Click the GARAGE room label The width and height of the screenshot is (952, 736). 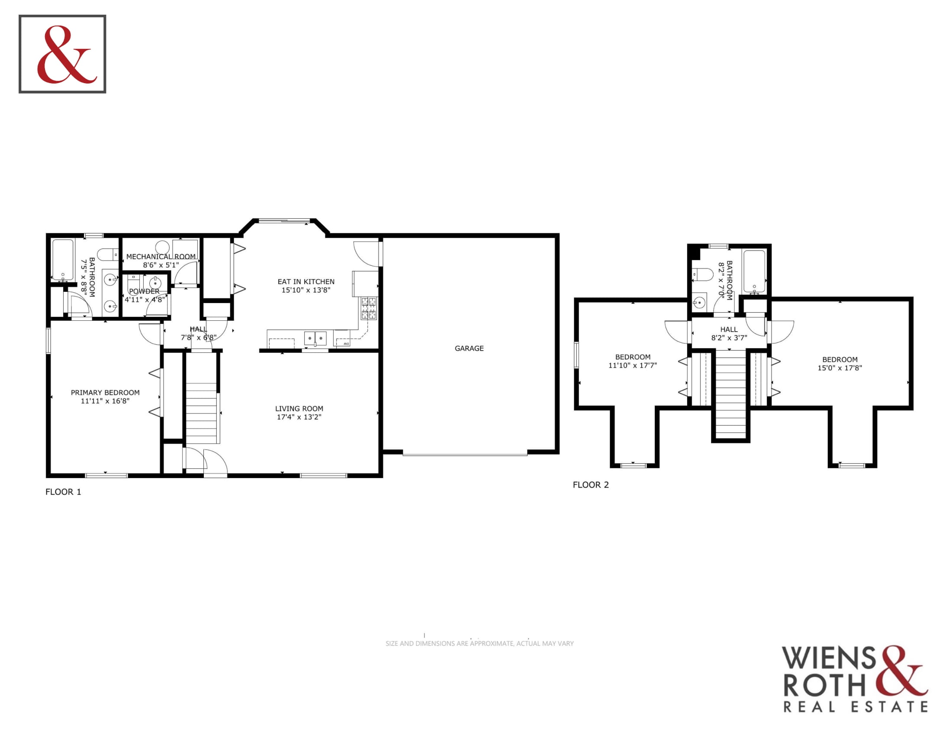(x=469, y=349)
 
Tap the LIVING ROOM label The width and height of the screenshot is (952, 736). (x=299, y=409)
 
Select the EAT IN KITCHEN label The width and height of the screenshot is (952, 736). (x=306, y=282)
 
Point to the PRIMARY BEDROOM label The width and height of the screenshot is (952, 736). (x=105, y=392)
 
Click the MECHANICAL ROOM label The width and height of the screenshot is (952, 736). (x=161, y=256)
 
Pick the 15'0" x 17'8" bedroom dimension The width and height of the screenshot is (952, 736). (x=839, y=368)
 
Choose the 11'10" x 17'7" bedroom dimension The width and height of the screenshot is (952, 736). (x=633, y=365)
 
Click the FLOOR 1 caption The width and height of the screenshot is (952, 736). (x=63, y=492)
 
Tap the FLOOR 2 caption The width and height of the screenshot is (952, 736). (x=591, y=485)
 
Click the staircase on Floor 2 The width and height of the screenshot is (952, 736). (x=730, y=394)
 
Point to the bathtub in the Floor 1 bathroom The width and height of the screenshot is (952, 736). (x=63, y=260)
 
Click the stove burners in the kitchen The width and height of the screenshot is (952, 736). (x=369, y=308)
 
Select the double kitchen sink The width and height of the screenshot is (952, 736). (x=315, y=338)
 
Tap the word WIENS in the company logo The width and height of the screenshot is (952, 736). (x=829, y=658)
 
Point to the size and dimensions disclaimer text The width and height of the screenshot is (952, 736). (x=479, y=643)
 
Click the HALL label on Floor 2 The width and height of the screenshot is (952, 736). (x=729, y=329)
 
